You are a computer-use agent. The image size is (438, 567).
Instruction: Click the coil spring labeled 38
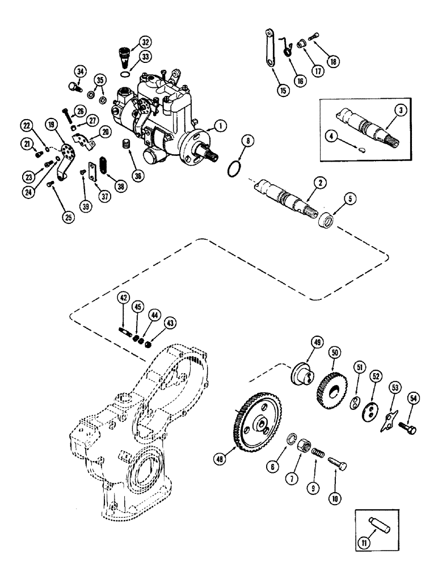(104, 170)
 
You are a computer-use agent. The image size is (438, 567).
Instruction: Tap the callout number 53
(395, 387)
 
